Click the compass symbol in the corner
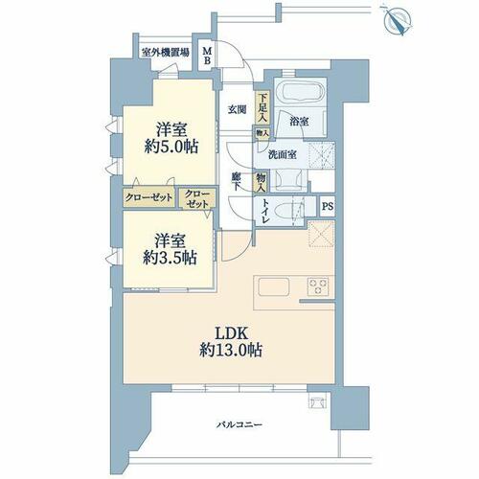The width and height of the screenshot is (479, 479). pos(398,20)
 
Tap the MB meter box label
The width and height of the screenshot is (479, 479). pos(207,56)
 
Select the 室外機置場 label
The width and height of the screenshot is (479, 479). pos(165,53)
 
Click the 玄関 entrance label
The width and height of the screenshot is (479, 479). pos(237,110)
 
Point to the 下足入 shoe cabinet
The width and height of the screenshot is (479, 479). pos(262,107)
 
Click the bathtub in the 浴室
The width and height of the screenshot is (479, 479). pos(300,90)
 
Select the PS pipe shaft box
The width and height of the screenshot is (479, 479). pos(328,206)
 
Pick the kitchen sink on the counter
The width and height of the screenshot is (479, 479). pos(274,286)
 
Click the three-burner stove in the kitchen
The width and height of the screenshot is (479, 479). pos(318,286)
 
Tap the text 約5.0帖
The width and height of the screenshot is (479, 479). pos(171,148)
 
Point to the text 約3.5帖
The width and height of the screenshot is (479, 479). pos(170,258)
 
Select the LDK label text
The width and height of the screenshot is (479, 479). pos(231,333)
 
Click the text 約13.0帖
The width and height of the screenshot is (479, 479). pos(231,351)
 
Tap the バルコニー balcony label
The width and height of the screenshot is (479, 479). pos(239,424)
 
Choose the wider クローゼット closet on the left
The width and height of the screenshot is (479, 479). pos(148,197)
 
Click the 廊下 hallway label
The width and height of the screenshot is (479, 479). pos(236,181)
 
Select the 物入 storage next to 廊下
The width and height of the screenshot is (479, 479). pos(262,182)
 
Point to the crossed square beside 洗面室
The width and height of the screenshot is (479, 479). pos(322,155)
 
